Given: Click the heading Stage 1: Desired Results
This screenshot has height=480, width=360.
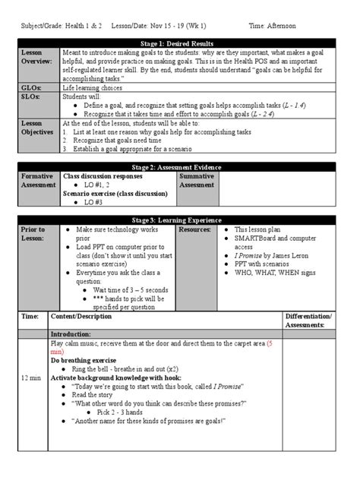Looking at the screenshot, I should pyautogui.click(x=179, y=45).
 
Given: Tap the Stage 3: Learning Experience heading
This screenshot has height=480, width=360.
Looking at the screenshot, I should pyautogui.click(x=179, y=219).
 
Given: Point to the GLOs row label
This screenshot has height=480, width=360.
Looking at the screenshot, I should pyautogui.click(x=31, y=88).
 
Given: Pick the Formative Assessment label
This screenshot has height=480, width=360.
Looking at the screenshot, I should pyautogui.click(x=38, y=179).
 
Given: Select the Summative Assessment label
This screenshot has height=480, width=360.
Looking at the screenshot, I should pyautogui.click(x=197, y=179).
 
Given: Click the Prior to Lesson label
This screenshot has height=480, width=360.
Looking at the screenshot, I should pyautogui.click(x=33, y=233).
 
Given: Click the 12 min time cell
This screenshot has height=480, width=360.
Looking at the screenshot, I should pyautogui.click(x=31, y=377).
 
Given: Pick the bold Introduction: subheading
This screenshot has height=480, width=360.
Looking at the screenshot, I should pyautogui.click(x=75, y=334).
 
